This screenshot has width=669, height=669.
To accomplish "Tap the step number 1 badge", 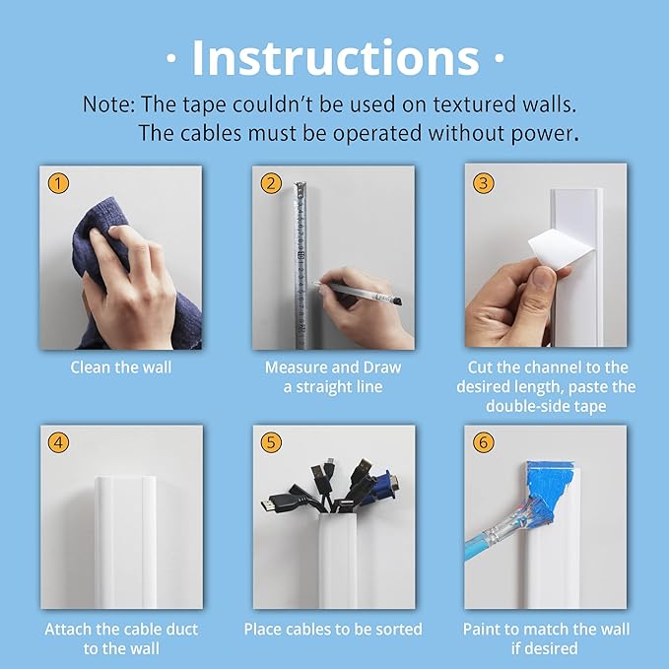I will (61, 183).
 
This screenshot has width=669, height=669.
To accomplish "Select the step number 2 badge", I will (271, 183).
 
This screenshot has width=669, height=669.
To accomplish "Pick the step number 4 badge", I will (61, 443).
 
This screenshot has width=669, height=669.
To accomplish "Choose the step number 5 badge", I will (271, 443).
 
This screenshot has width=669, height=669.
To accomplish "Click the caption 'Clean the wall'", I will (120, 368).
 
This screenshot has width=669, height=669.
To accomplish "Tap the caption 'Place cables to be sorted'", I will (333, 629).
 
